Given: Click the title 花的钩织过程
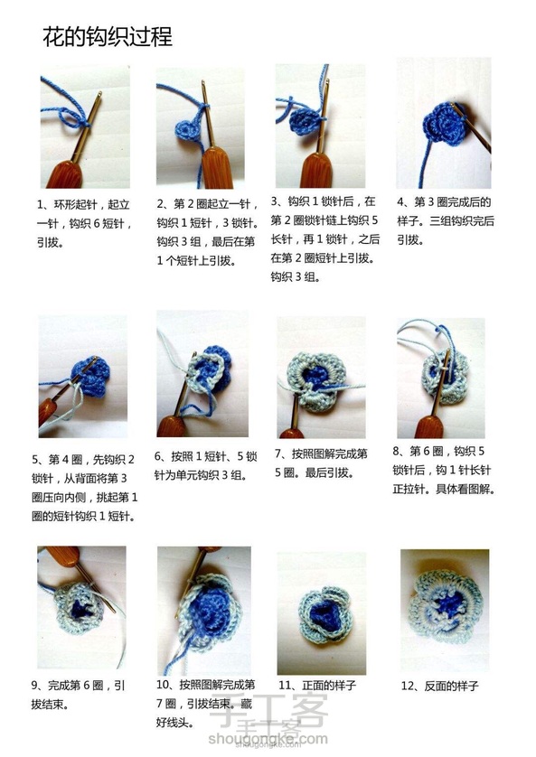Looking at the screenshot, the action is (108, 37).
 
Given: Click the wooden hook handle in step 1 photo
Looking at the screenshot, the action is (65, 174).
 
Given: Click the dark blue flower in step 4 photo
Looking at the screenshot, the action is (443, 123).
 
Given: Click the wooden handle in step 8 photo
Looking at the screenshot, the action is (428, 425).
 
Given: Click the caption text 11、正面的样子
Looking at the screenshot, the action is (317, 686).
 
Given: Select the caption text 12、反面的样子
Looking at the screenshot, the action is (439, 686).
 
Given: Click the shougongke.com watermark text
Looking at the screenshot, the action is (268, 739).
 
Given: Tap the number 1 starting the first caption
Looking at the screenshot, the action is (40, 205).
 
